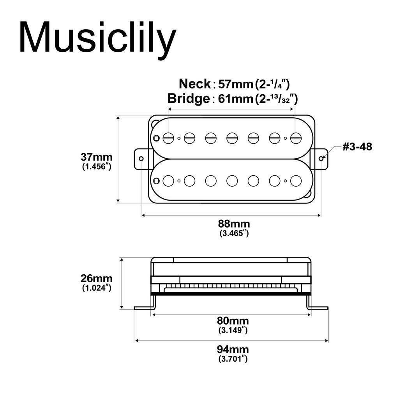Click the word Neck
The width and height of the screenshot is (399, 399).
tap(195, 84)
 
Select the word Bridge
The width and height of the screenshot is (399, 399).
tap(189, 99)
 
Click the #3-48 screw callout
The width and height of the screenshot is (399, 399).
tap(357, 147)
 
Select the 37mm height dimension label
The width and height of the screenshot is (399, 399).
tap(97, 157)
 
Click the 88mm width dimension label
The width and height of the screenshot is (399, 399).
tap(234, 224)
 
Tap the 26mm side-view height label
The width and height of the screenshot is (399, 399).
tap(97, 278)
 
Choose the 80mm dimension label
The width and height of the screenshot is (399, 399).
tap(233, 321)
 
